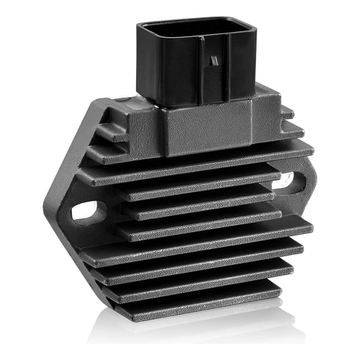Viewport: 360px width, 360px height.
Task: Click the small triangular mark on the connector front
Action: pos(214,61)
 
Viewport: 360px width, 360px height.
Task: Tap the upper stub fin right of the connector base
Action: pos(287,113)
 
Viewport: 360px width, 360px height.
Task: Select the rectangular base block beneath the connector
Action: pos(206,128)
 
